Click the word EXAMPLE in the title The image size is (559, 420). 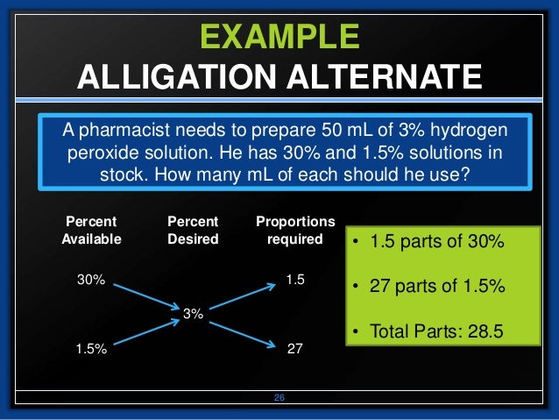279,37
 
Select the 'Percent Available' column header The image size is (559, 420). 91,230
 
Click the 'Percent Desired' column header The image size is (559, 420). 192,230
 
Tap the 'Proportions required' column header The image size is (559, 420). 295,230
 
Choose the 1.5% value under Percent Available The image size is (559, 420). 91,348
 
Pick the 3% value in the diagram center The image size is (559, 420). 193,312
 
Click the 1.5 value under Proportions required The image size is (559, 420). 295,280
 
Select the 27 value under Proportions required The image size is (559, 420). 295,348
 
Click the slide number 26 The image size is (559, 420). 279,398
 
